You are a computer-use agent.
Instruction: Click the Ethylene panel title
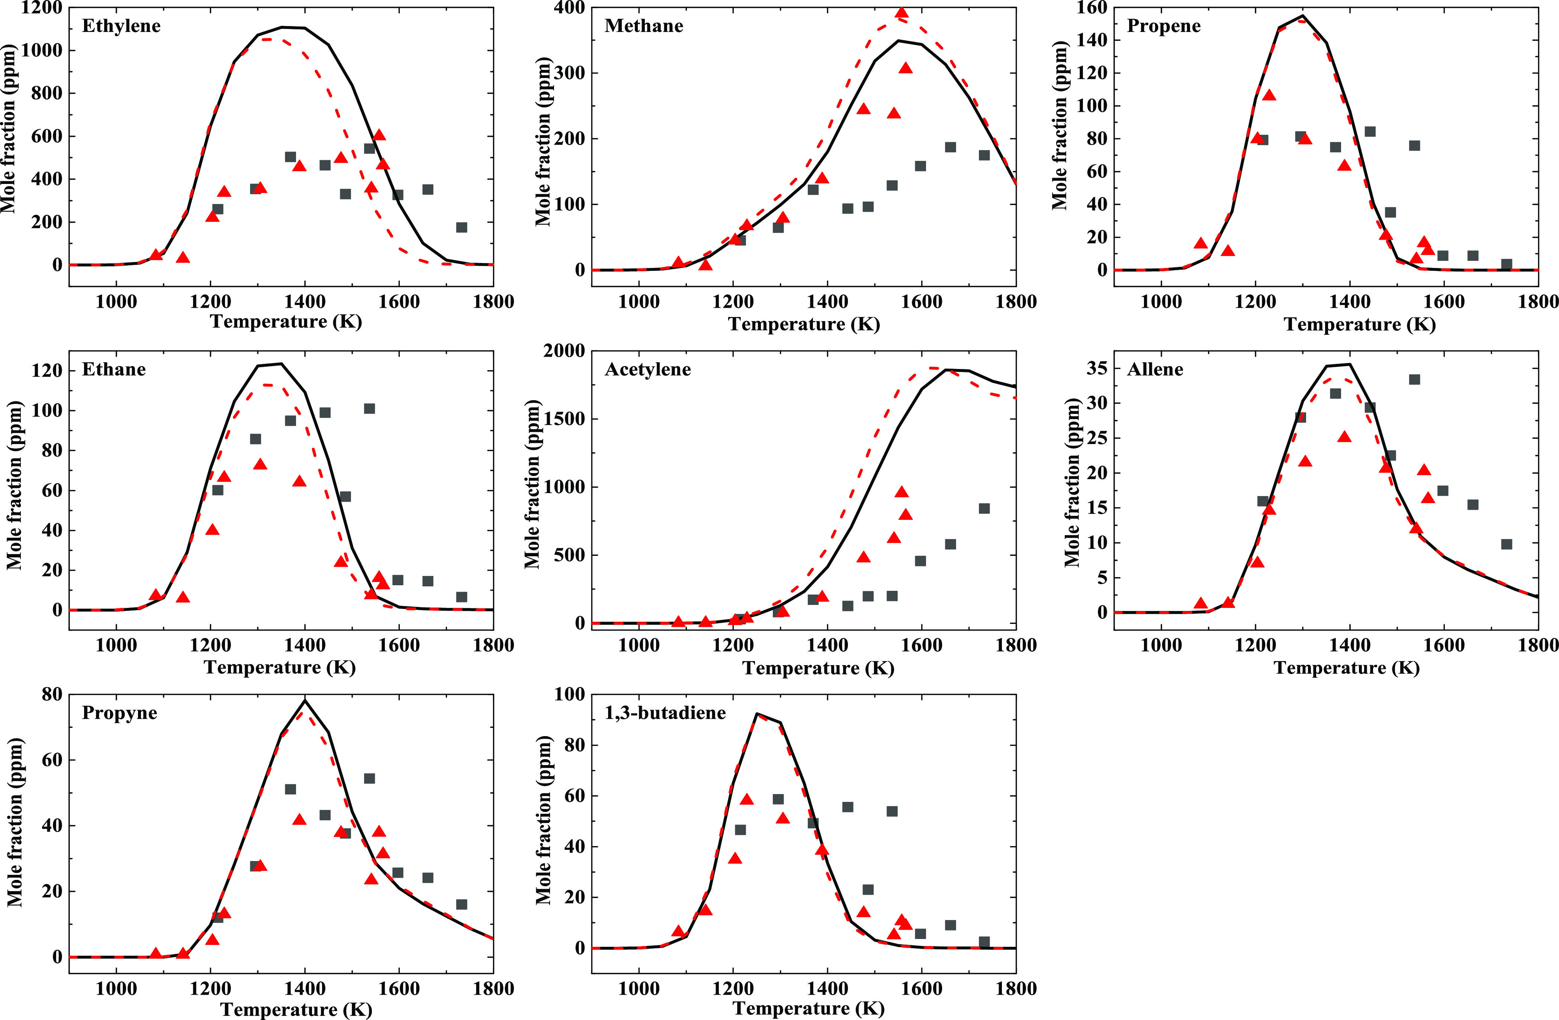(x=121, y=26)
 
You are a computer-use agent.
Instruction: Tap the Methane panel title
(x=644, y=26)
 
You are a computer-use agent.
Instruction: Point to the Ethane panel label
(x=114, y=369)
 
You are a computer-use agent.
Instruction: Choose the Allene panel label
(x=1155, y=369)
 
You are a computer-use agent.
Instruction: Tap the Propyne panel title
(x=120, y=712)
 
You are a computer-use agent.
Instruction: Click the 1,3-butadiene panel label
(x=666, y=712)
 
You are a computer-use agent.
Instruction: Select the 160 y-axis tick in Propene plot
(x=1091, y=8)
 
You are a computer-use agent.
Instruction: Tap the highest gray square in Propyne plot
(x=369, y=778)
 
